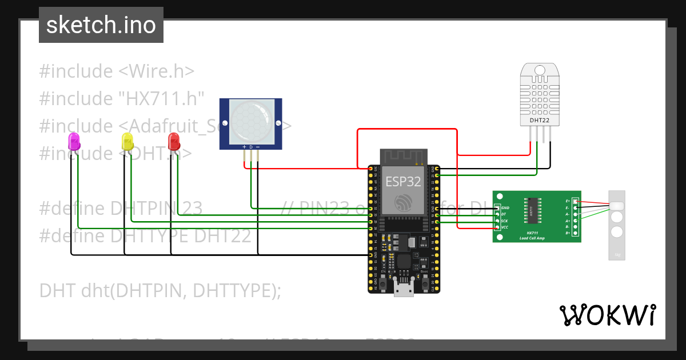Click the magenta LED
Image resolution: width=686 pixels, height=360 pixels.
74,141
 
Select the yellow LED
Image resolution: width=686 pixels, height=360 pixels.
127,141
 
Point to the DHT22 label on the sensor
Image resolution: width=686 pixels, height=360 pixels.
540,121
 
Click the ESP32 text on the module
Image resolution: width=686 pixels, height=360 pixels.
403,182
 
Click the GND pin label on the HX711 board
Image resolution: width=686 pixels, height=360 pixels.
504,207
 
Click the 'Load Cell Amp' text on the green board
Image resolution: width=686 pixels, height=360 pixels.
531,238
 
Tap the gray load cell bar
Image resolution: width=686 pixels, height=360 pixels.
617,225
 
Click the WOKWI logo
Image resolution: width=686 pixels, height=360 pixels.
607,315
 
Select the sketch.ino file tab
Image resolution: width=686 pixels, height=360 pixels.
101,25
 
